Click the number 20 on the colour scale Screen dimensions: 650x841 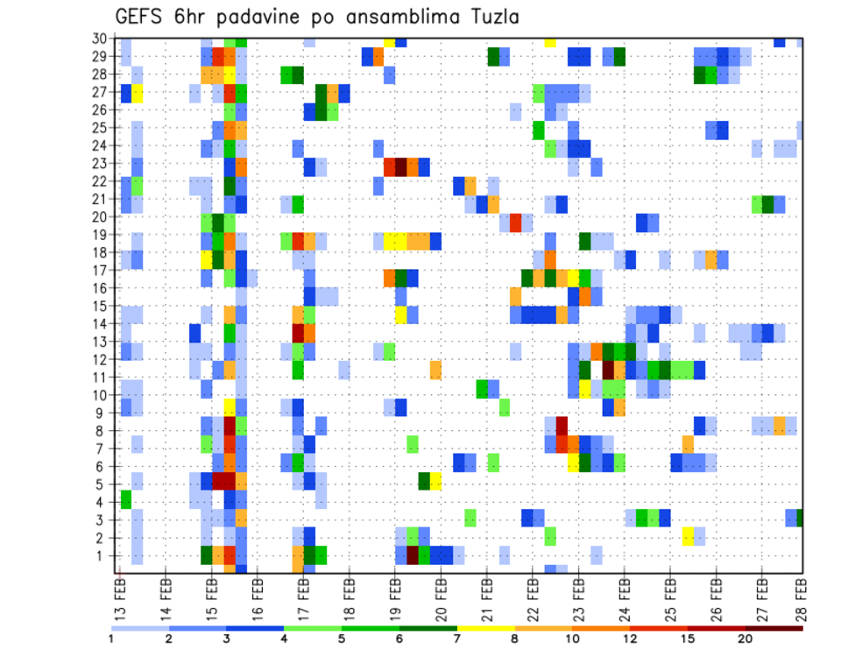pos(746,639)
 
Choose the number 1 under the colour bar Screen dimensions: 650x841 pos(112,639)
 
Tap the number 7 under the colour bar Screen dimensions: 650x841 pos(457,639)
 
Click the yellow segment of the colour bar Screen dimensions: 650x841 pos(486,628)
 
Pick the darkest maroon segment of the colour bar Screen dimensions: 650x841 pos(774,628)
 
